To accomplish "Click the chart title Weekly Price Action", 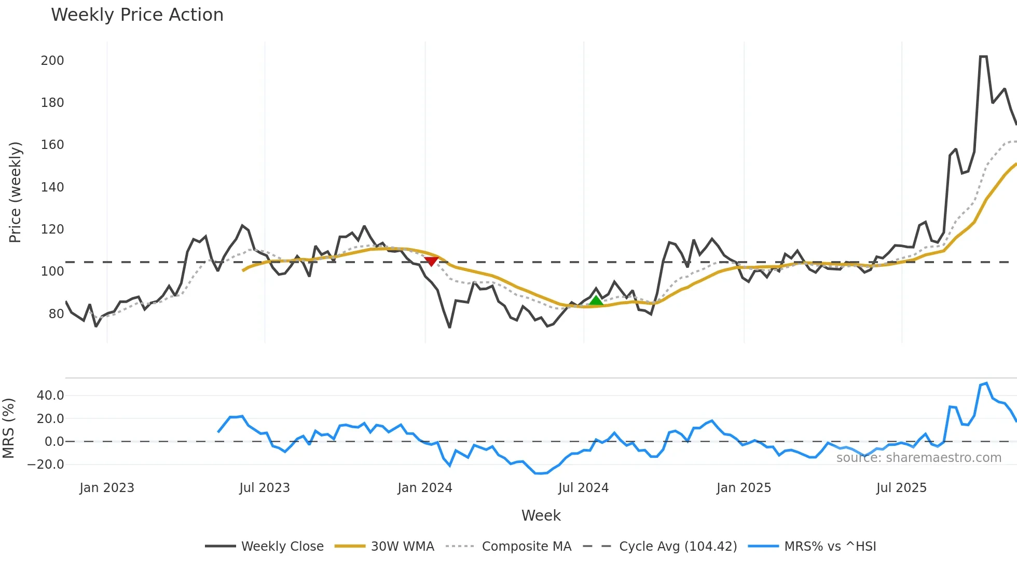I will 137,15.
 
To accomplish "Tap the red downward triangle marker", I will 431,261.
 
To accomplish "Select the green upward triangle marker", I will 596,301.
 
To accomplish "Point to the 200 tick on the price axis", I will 52,61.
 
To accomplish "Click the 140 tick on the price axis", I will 52,187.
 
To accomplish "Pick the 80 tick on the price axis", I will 56,314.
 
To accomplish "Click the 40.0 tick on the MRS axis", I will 50,396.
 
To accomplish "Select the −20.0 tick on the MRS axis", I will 46,465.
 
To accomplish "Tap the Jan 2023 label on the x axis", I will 107,488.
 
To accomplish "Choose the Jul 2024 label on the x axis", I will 583,488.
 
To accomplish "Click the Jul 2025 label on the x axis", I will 901,488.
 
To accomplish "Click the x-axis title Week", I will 541,515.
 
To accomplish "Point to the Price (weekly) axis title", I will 16,192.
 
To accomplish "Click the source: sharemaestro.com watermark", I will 918,458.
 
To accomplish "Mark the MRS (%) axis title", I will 9,428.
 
